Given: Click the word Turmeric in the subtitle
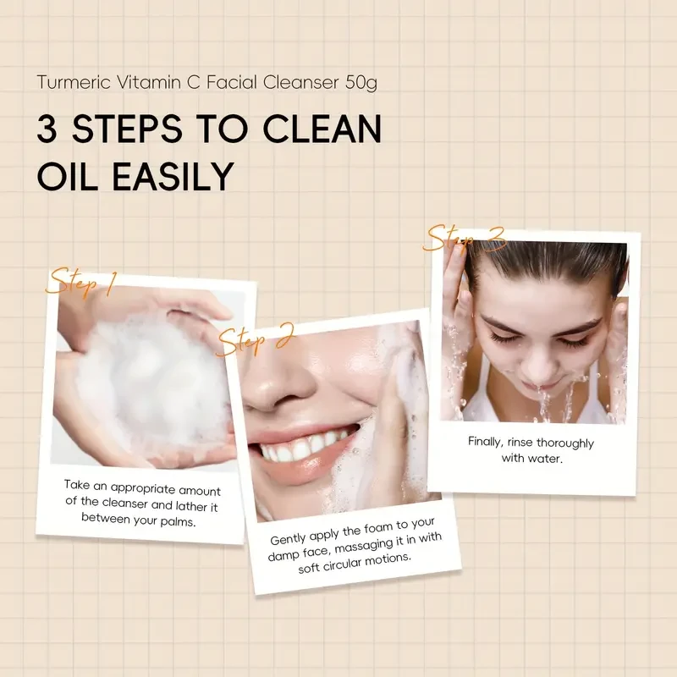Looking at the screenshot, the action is click(74, 82).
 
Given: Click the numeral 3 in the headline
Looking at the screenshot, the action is click(47, 129).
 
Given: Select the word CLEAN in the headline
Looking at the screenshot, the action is click(322, 129).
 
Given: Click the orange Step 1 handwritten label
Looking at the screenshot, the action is click(80, 283).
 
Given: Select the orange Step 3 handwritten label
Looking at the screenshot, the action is click(465, 239).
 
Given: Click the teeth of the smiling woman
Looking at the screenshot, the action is click(302, 445).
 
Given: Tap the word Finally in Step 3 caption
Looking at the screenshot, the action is click(486, 442).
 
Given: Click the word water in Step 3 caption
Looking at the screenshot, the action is click(548, 458).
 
